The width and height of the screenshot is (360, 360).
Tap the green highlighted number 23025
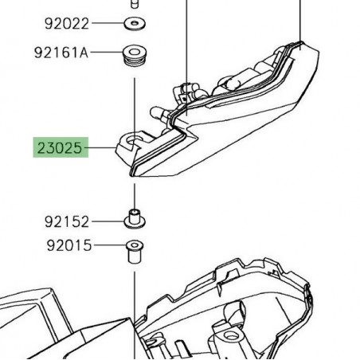59,148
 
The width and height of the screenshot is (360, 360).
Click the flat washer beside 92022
133,22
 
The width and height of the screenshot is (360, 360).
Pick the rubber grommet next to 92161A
133,58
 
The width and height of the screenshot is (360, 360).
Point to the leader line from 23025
102,148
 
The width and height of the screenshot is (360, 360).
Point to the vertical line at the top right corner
301,20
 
